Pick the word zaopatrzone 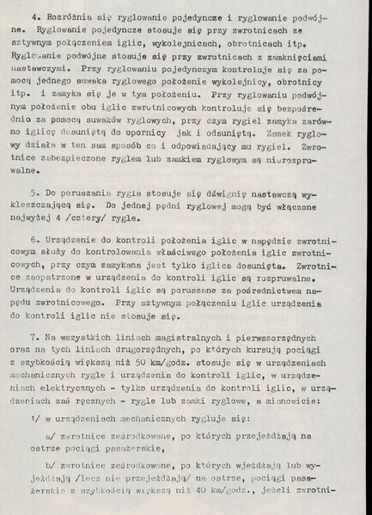pos(58,279)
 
